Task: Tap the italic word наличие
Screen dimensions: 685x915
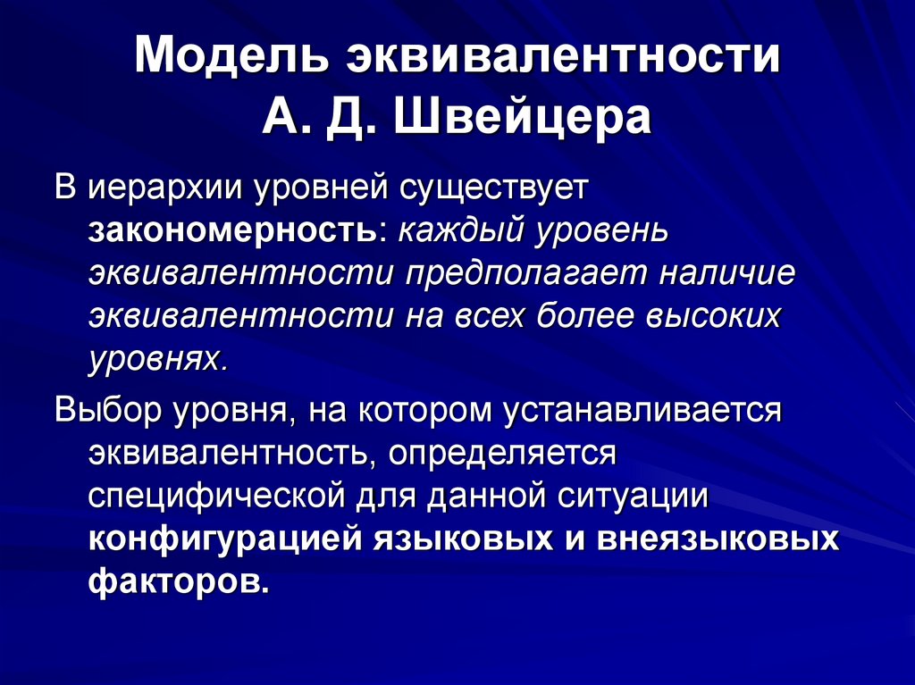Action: [x=726, y=274]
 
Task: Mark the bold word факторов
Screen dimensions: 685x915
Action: [x=177, y=582]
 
